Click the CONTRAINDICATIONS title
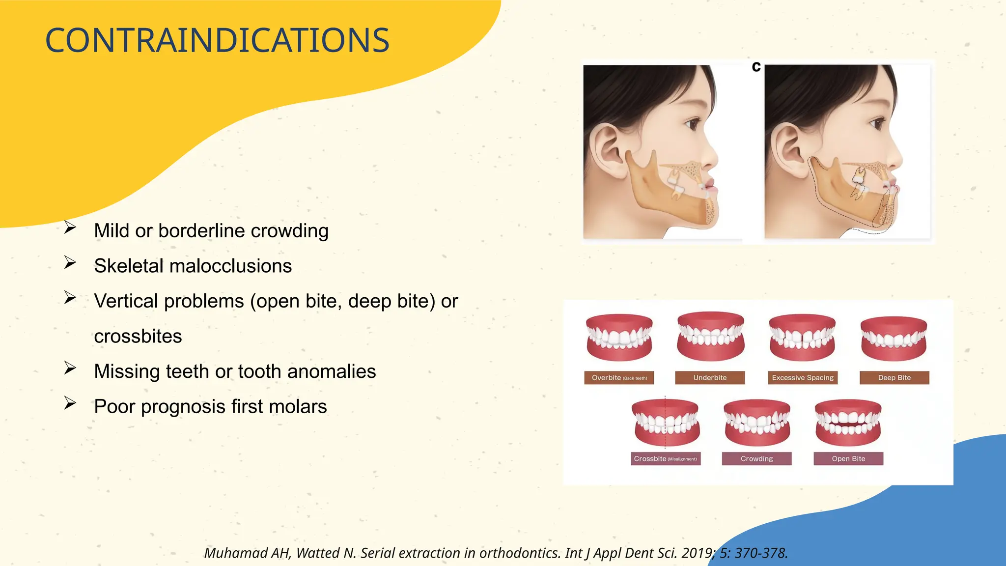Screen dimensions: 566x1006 [x=217, y=40]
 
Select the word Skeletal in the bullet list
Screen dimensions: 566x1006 [x=129, y=266]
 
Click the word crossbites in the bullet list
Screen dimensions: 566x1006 [x=138, y=337]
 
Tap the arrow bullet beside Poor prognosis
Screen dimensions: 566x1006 [x=70, y=403]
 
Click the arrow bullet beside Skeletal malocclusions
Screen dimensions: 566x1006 [x=70, y=263]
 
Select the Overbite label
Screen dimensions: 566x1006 [x=619, y=378]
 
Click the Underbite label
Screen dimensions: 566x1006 [x=710, y=378]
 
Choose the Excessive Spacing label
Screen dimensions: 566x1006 [x=803, y=378]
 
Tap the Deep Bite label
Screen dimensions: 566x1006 [x=894, y=378]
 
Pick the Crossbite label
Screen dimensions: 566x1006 [x=665, y=459]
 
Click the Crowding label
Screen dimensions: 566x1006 [x=756, y=459]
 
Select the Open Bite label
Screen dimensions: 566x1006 [x=848, y=459]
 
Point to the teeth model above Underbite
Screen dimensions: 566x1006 [x=710, y=336]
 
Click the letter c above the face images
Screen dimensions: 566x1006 [x=756, y=67]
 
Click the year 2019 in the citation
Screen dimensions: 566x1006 [x=698, y=553]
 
